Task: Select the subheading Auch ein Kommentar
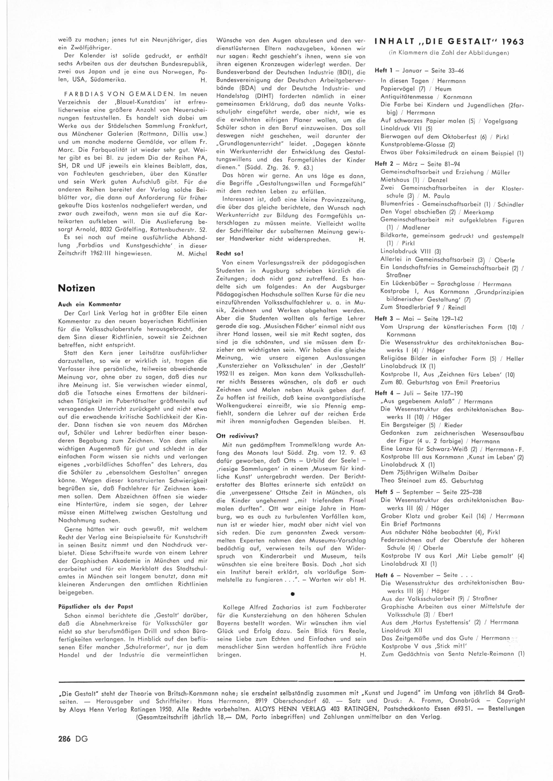[90, 304]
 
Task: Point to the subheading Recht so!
[230, 254]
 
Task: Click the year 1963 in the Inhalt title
[510, 42]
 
